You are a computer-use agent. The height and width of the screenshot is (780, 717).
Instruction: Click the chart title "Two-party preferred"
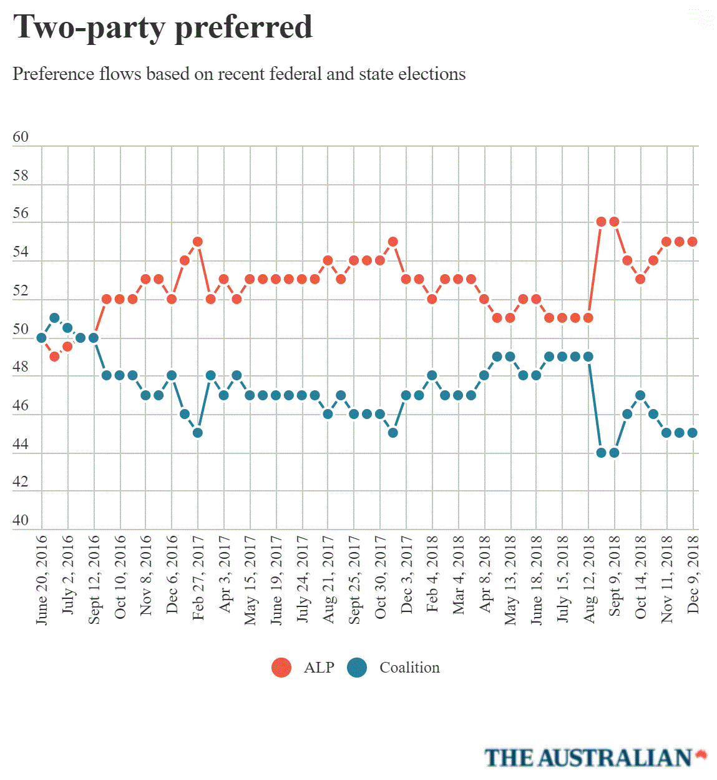pos(163,27)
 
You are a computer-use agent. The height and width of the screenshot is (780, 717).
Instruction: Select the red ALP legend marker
pos(281,668)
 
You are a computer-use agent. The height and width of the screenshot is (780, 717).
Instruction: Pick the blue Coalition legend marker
pos(357,668)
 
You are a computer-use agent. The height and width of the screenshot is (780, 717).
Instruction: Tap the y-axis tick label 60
pos(21,137)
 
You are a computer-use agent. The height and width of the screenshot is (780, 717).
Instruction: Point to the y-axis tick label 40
pos(21,520)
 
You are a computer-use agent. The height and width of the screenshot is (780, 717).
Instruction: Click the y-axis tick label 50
pos(21,329)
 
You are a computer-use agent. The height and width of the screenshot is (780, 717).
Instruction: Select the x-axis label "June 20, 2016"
pos(42,579)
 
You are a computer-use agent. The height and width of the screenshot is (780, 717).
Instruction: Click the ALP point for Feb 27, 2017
pos(198,242)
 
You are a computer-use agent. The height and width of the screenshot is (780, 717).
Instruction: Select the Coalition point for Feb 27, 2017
pos(198,433)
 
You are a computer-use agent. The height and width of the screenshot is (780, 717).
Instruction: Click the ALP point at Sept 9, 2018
pos(614,222)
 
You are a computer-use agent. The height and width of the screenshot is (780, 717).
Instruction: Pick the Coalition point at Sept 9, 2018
pos(614,452)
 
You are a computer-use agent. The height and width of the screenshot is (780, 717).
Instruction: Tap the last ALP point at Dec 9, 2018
pos(692,242)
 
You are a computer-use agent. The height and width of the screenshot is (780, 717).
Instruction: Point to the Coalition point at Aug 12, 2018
pos(588,357)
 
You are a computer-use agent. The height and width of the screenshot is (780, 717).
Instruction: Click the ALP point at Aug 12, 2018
pos(588,318)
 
